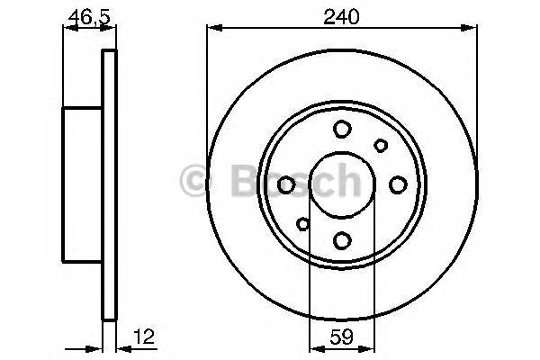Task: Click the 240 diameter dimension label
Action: (341, 15)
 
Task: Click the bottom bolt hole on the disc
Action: (341, 239)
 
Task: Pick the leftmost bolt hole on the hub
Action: (286, 184)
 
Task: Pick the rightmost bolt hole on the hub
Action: (397, 184)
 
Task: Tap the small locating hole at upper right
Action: (381, 145)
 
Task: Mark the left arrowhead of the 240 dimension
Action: (212, 29)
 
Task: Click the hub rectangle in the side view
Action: (83, 184)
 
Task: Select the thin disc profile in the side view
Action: (110, 184)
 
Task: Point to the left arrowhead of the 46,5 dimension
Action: (66, 29)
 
